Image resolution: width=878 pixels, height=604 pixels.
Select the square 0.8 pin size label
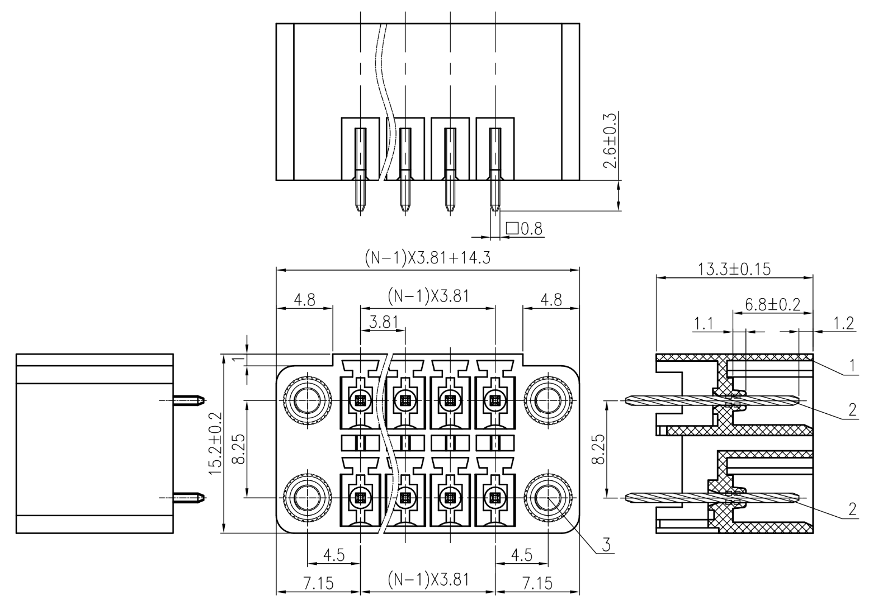pyautogui.click(x=524, y=228)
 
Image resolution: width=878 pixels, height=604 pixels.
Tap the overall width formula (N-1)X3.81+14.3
pyautogui.click(x=427, y=258)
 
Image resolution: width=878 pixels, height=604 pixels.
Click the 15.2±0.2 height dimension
pyautogui.click(x=216, y=443)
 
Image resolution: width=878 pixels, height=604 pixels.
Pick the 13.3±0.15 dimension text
pyautogui.click(x=734, y=269)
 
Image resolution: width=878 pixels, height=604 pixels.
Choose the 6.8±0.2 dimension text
pyautogui.click(x=773, y=304)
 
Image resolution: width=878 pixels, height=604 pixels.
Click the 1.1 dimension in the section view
pyautogui.click(x=704, y=323)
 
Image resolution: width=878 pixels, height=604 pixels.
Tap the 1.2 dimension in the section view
pyautogui.click(x=843, y=323)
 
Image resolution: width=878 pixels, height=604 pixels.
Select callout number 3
pyautogui.click(x=606, y=543)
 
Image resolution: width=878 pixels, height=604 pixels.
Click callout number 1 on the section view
pyautogui.click(x=852, y=366)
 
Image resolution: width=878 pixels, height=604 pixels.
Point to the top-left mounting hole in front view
pyautogui.click(x=307, y=400)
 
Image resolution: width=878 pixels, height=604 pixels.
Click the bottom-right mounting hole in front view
pyautogui.click(x=547, y=497)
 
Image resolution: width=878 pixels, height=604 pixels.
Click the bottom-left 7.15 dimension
pyautogui.click(x=318, y=583)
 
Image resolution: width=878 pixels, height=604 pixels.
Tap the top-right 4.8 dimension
pyautogui.click(x=550, y=299)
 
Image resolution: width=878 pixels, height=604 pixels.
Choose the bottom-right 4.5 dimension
pyautogui.click(x=521, y=555)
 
